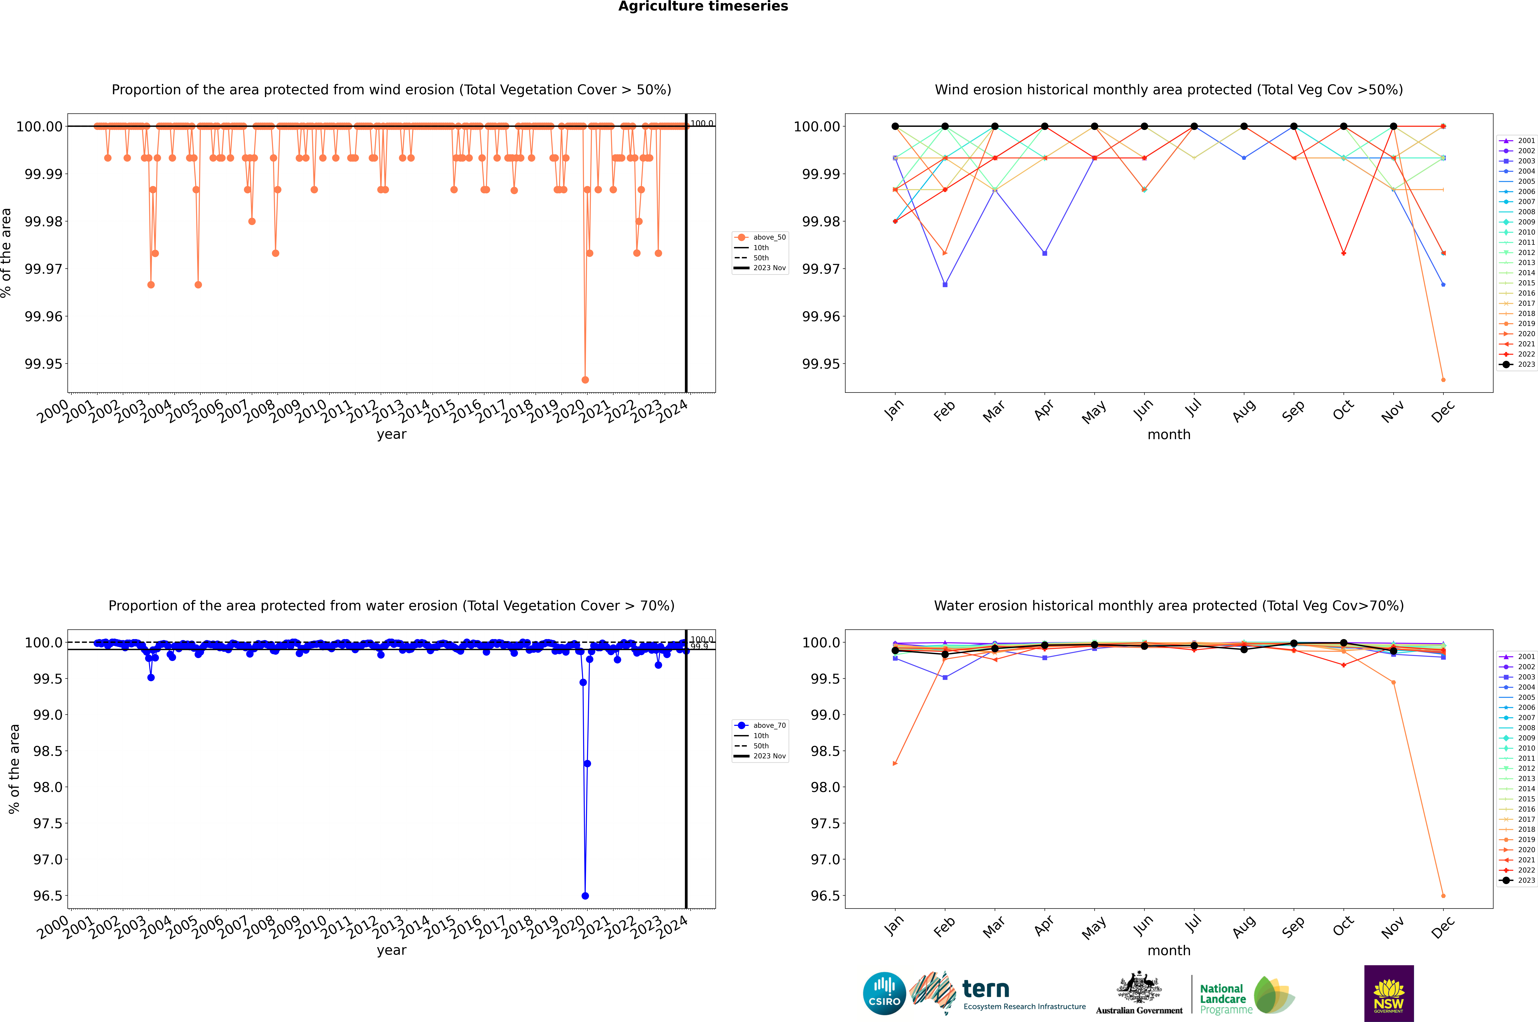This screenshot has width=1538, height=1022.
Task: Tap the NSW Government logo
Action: pos(1389,993)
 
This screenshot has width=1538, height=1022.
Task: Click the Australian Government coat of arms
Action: pos(1138,987)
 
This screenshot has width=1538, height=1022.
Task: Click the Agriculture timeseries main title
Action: pos(703,6)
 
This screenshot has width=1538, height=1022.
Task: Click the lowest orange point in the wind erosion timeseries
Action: pos(585,379)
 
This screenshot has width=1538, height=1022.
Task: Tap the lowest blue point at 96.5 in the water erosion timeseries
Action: pos(585,896)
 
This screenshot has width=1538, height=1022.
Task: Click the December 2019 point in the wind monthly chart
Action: pos(1443,379)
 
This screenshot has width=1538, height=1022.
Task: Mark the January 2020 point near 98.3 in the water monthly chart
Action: pos(895,763)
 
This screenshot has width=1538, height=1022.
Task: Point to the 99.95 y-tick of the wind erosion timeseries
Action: pos(44,364)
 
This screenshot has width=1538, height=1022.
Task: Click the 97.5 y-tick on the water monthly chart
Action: pos(825,823)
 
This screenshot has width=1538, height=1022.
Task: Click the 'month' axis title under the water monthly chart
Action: pos(1168,950)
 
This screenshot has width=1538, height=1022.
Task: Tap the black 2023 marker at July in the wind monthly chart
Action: pos(1194,126)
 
